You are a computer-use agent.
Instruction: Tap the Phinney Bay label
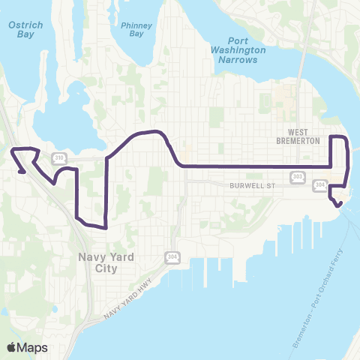(x=136, y=28)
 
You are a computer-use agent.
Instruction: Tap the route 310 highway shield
(x=59, y=157)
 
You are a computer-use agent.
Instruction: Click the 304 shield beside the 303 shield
(x=320, y=184)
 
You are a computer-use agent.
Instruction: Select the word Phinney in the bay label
(x=136, y=24)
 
